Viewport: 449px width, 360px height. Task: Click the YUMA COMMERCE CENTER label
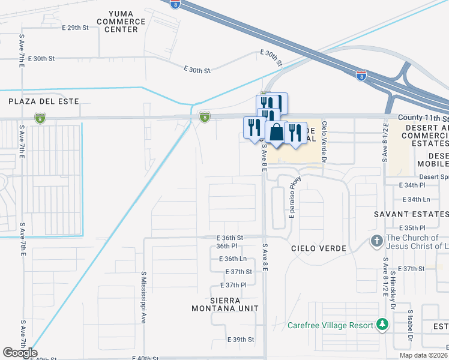pyautogui.click(x=127, y=22)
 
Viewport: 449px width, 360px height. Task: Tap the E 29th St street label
pyautogui.click(x=74, y=28)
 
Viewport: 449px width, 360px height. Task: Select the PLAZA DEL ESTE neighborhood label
pyautogui.click(x=44, y=101)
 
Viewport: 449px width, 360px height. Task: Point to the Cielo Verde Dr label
pyautogui.click(x=325, y=142)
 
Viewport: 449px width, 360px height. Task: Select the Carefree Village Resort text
pyautogui.click(x=330, y=325)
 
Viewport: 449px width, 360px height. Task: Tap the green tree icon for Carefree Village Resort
pyautogui.click(x=381, y=325)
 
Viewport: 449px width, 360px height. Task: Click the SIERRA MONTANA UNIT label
pyautogui.click(x=224, y=304)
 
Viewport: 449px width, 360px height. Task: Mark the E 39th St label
pyautogui.click(x=241, y=340)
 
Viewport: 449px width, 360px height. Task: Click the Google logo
pyautogui.click(x=20, y=353)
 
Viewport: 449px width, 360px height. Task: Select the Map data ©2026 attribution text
pyautogui.click(x=423, y=355)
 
